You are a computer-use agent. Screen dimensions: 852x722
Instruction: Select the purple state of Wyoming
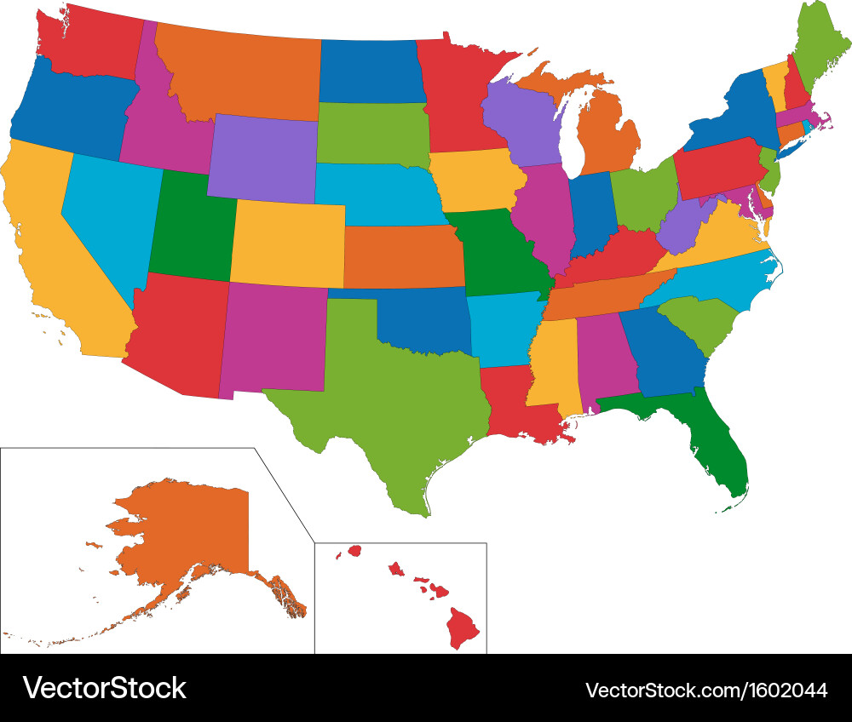click(262, 158)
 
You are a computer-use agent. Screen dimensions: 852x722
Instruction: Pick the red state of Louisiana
click(515, 400)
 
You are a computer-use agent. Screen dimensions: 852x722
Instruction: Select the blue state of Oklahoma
click(422, 324)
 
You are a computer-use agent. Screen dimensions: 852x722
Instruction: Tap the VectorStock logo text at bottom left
click(104, 688)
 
